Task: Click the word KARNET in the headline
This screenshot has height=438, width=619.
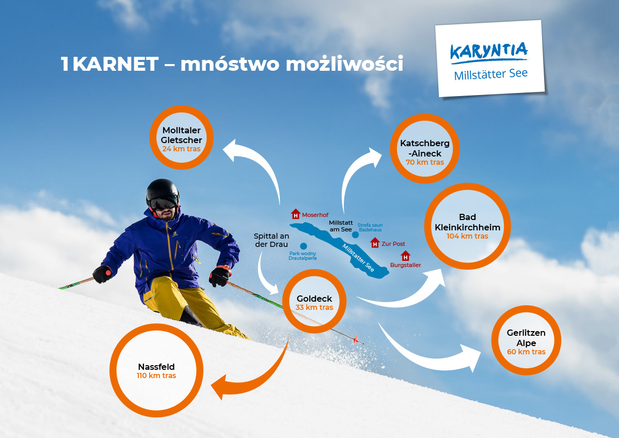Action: click(115, 64)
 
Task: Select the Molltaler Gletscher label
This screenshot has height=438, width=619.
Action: click(181, 135)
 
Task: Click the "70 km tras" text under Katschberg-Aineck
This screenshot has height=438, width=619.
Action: click(425, 162)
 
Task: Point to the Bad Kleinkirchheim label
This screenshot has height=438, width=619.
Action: click(467, 222)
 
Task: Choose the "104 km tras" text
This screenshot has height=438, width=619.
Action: click(467, 236)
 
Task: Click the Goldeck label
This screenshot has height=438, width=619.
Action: click(314, 299)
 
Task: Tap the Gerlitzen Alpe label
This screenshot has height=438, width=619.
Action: click(526, 338)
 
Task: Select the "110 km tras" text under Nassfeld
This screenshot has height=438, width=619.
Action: click(156, 376)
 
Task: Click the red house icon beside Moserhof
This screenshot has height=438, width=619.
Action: click(295, 214)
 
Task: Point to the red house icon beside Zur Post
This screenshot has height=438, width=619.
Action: click(375, 242)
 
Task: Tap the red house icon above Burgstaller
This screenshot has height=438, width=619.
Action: click(405, 256)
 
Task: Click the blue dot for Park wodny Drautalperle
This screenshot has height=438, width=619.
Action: click(304, 246)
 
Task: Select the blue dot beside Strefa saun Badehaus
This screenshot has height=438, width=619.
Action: click(355, 234)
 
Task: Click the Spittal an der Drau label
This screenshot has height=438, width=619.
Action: click(271, 240)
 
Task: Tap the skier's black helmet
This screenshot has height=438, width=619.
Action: click(162, 189)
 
